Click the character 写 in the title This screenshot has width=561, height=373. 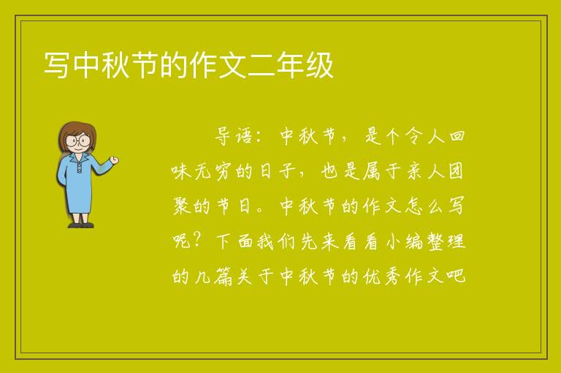coord(56,65)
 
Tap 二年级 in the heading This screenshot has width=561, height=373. coord(291,65)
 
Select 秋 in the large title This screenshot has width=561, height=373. coord(115,65)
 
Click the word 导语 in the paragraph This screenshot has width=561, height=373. coord(234,136)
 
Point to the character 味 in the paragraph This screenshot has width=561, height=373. coord(181,171)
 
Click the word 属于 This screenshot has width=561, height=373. coord(382,171)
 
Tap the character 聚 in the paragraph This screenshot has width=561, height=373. coord(181,206)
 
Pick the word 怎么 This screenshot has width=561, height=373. coord(424,206)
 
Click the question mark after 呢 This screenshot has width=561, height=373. coord(197,241)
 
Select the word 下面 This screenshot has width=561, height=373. coord(234,241)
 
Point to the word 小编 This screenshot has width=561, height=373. coord(405,241)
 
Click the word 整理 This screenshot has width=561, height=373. coord(446,241)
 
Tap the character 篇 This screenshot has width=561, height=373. coord(224,276)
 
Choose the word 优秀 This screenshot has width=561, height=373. coord(381,276)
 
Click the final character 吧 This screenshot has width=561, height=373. coord(456,276)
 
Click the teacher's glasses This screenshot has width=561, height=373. coord(78,140)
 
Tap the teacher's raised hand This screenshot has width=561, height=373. coord(115,160)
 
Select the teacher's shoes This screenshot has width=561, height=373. coord(81,225)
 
